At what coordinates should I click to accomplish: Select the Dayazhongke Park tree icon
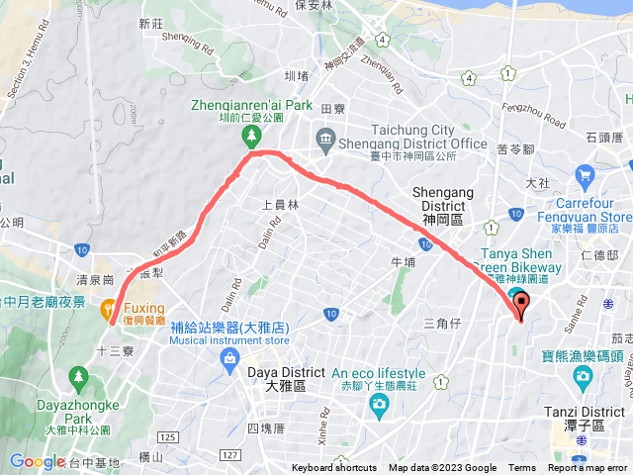click(78, 376)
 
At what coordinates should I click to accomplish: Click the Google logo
click(38, 461)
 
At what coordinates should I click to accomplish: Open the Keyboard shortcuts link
click(333, 468)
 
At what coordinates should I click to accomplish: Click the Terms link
click(522, 468)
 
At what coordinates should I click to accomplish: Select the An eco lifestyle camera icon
click(377, 404)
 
